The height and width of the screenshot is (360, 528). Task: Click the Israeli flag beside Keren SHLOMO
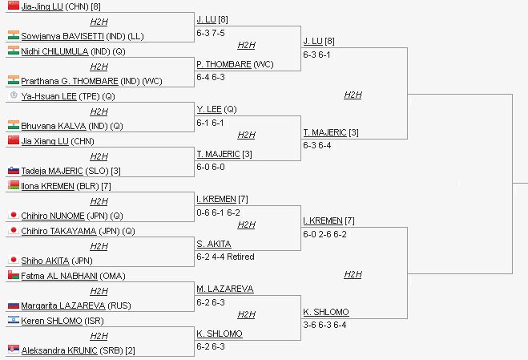coord(13,320)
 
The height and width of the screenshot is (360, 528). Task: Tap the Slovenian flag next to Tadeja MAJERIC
coord(13,170)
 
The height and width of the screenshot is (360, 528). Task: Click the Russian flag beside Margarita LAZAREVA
coord(13,305)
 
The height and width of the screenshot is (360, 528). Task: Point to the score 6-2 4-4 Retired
coord(225,257)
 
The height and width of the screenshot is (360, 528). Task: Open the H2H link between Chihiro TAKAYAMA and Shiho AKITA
coord(99,246)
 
